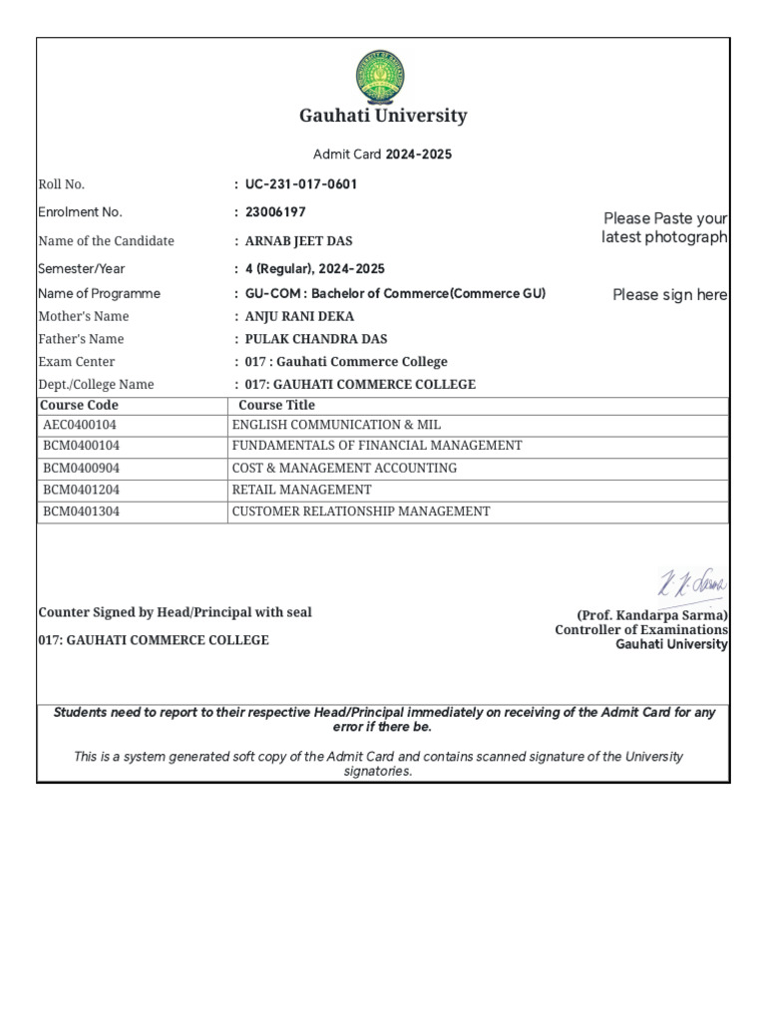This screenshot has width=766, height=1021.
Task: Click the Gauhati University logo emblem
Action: [382, 77]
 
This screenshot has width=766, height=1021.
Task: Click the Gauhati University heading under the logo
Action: [383, 116]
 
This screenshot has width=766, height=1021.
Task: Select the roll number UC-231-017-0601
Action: [300, 184]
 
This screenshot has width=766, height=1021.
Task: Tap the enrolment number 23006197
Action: [275, 212]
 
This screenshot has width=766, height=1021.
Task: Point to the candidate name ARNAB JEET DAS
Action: [298, 241]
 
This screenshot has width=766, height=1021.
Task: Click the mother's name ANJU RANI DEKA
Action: [299, 316]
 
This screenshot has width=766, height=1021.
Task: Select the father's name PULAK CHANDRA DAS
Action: [316, 339]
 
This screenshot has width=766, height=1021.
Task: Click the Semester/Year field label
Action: [82, 269]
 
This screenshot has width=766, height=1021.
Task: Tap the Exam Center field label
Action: [76, 362]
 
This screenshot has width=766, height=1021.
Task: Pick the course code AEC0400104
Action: [80, 425]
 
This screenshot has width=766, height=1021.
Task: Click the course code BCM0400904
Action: [81, 468]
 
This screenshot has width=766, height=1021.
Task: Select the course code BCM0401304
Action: [81, 511]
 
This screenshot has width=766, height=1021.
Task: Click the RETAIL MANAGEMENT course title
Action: [301, 490]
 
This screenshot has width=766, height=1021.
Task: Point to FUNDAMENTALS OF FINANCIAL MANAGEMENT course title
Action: [377, 446]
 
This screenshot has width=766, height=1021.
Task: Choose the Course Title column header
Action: [276, 405]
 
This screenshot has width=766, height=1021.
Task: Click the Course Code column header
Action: [79, 405]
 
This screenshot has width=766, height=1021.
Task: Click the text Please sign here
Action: [669, 295]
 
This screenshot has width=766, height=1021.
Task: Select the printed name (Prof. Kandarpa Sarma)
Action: [652, 615]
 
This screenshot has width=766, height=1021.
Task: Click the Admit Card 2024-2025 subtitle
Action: [383, 155]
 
